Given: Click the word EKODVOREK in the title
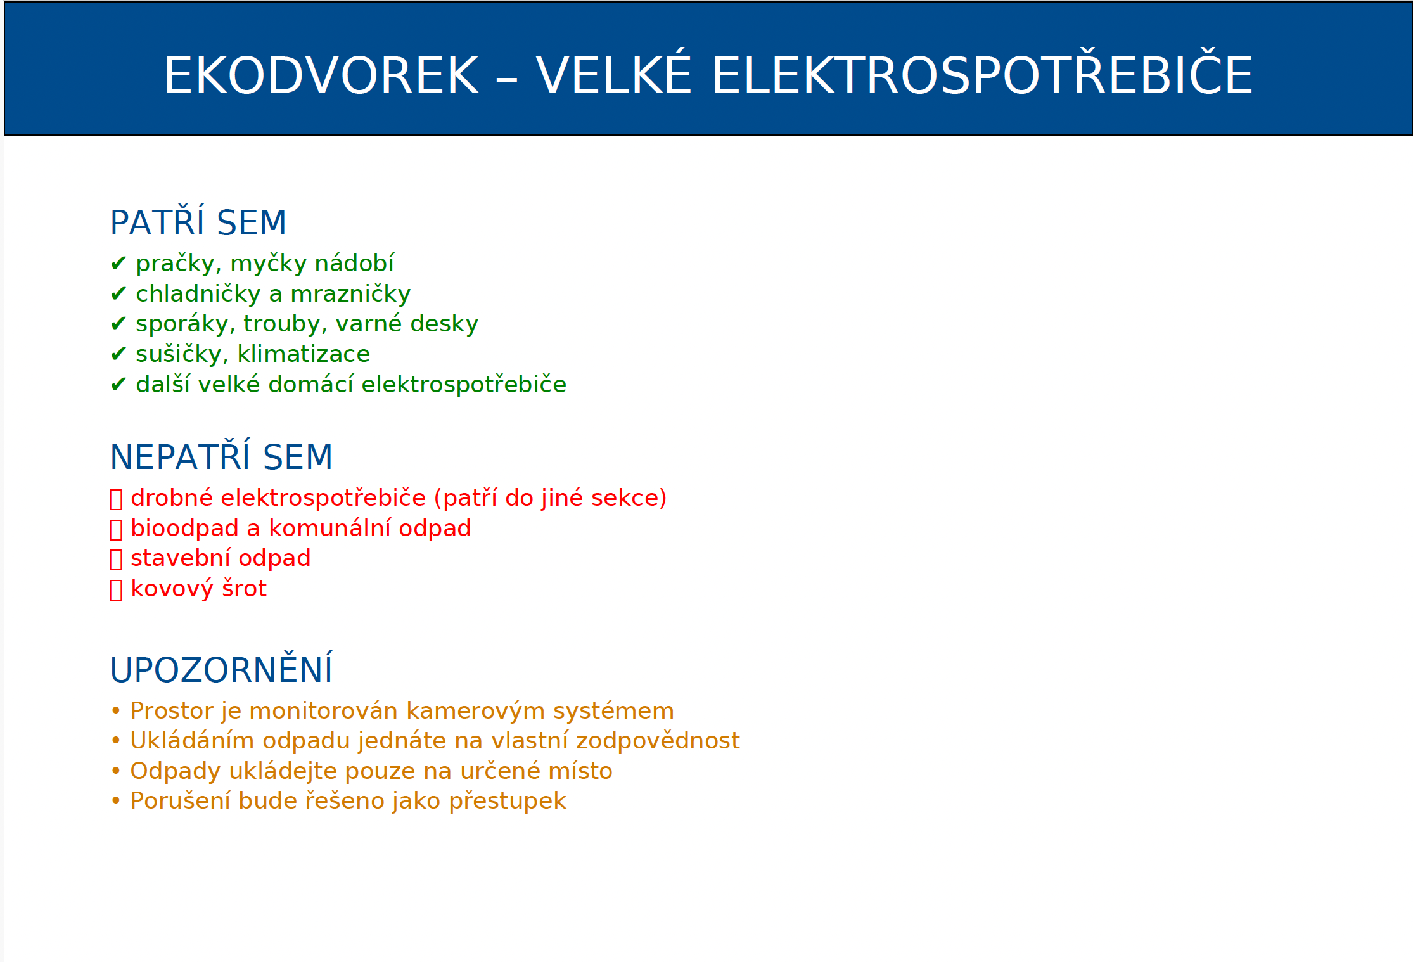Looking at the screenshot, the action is point(321,75).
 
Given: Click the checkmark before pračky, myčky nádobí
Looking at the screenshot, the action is point(118,263).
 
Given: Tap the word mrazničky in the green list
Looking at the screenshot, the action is point(350,294).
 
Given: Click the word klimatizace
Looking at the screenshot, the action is point(304,354).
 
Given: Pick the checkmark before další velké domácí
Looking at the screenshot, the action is point(118,384).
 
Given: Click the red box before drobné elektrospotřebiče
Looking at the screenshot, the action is point(116,499).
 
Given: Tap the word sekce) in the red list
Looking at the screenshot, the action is point(629,498).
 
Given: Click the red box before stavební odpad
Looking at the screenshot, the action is point(116,559).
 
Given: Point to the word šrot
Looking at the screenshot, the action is point(244,588).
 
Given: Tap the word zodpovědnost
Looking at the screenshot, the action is point(658,741).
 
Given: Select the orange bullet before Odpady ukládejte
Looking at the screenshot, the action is point(116,771).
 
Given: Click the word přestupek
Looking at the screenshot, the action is point(507,801).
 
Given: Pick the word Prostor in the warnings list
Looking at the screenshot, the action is point(172,711).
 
